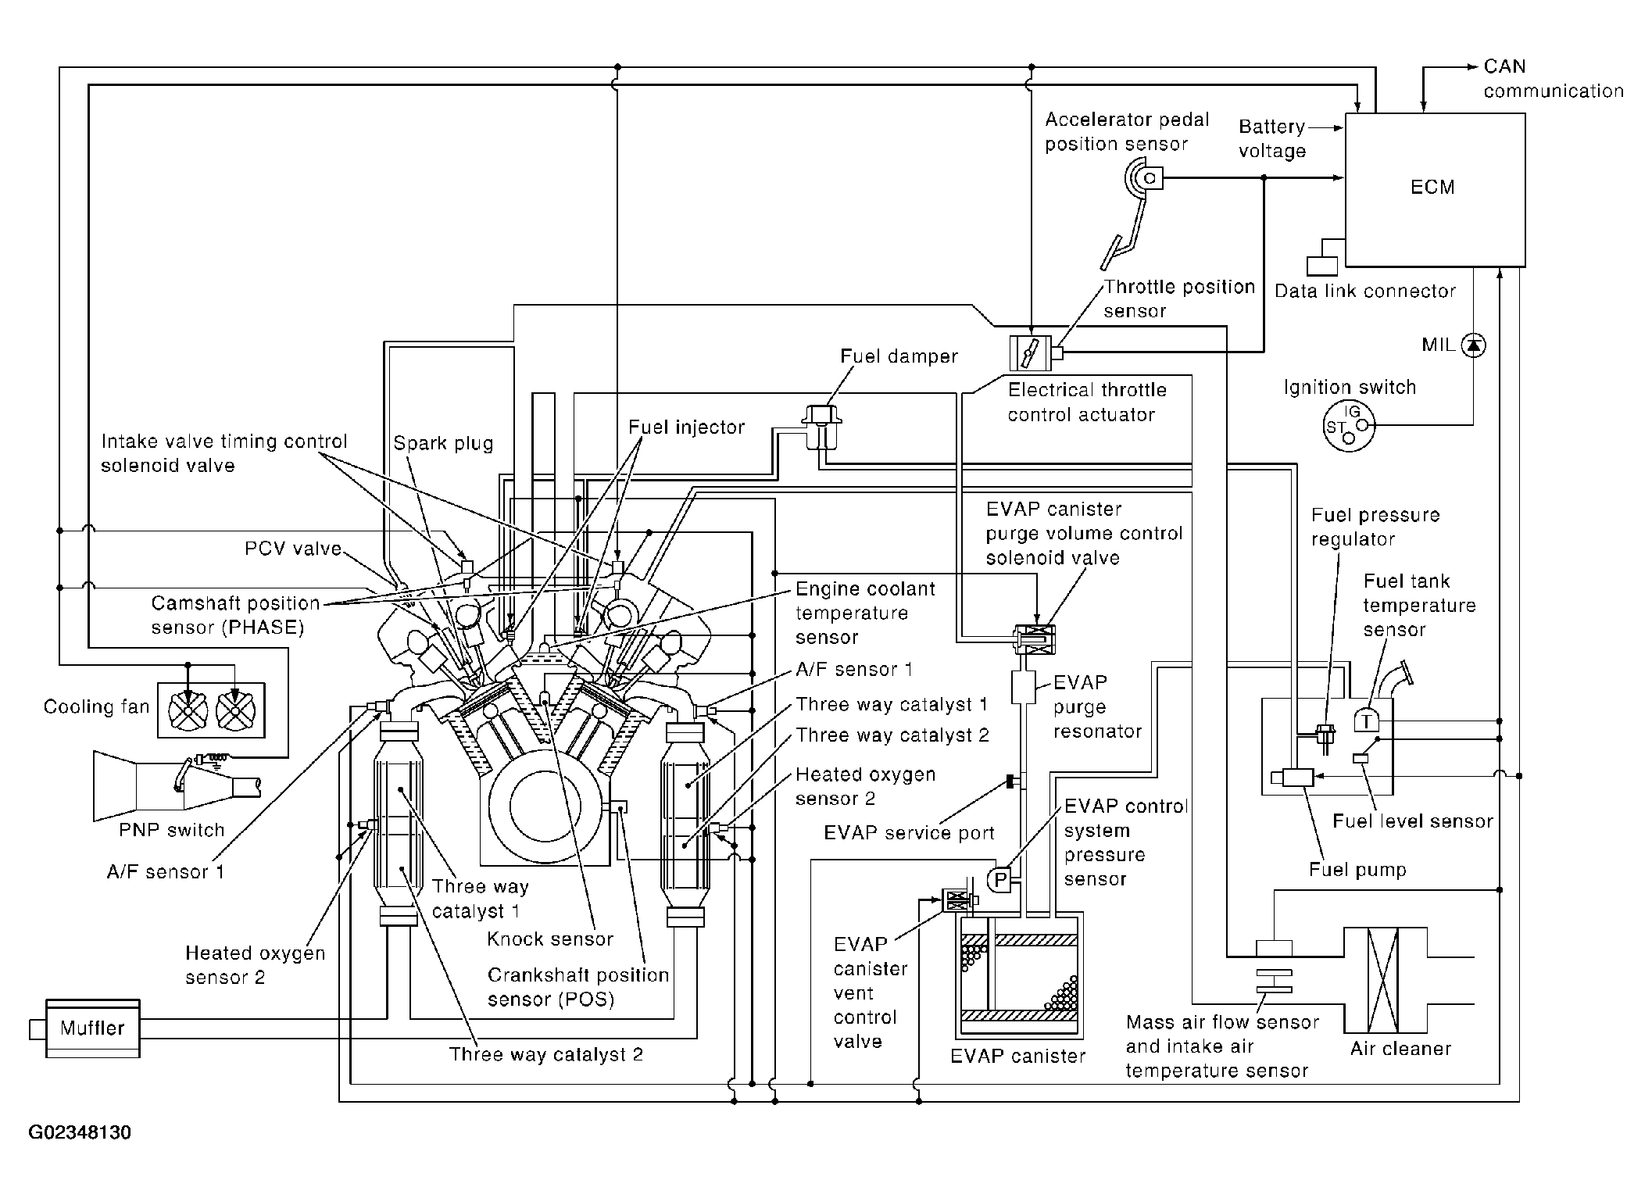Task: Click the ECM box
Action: [1434, 189]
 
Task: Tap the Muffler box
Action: [93, 1028]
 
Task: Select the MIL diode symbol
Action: [1473, 345]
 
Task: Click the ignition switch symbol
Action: [1349, 426]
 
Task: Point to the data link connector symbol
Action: [1322, 265]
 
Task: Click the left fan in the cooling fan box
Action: [188, 710]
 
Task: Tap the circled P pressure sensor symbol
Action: [1000, 880]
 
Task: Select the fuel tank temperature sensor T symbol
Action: [1366, 721]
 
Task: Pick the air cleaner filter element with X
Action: [1383, 980]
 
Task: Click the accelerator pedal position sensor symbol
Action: [1144, 179]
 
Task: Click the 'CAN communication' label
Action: [1552, 79]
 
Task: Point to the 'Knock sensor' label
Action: [550, 939]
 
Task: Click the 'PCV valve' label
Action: [293, 549]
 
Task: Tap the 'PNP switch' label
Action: [171, 830]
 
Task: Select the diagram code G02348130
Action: [80, 1132]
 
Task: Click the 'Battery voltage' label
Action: [1272, 138]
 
